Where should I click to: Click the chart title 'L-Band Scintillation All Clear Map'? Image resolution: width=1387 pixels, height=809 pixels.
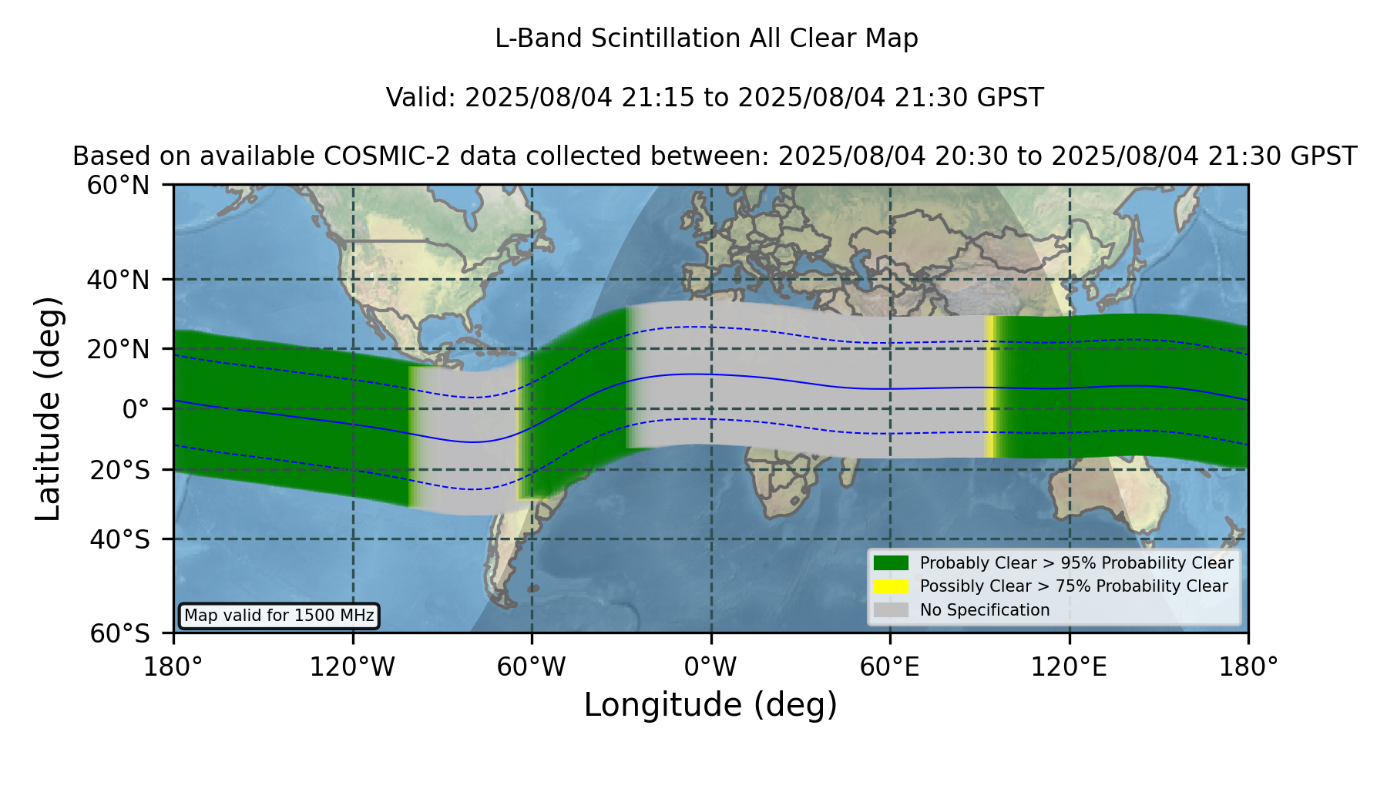coord(707,39)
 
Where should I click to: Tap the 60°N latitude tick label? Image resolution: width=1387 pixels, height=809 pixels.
coord(119,186)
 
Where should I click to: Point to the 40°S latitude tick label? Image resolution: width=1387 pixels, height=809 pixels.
coord(120,539)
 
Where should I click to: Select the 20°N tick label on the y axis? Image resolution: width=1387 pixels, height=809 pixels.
coord(119,349)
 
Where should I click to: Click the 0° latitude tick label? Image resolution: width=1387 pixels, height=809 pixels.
coord(136,409)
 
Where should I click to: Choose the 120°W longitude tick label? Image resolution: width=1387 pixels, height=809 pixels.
coord(352,666)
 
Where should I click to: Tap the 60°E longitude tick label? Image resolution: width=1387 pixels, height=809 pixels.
coord(890,666)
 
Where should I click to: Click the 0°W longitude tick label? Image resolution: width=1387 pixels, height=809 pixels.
coord(710,666)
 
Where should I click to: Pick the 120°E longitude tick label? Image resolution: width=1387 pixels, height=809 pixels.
coord(1069,666)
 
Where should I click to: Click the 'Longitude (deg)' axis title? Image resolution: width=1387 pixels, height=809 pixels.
coord(710,705)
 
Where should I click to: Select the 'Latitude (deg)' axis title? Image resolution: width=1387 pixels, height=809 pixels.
coord(48,408)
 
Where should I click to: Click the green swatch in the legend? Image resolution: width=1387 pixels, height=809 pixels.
coord(891,563)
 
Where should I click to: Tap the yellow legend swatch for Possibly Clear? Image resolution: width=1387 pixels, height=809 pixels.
coord(891,586)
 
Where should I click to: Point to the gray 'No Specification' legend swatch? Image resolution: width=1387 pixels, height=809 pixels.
coord(891,610)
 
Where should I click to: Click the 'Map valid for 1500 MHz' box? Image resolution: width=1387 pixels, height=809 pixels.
coord(279,616)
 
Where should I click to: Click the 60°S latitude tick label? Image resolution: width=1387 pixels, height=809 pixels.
coord(120,634)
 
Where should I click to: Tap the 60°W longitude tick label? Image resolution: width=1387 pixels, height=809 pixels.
coord(532,666)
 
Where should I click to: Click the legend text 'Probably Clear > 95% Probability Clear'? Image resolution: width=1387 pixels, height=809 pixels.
coord(1076,563)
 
